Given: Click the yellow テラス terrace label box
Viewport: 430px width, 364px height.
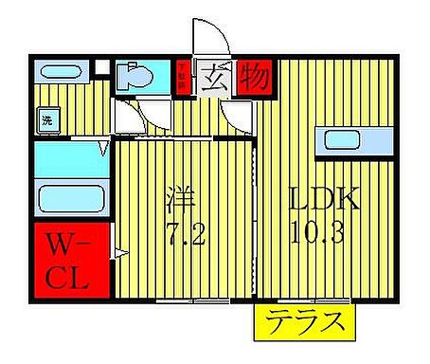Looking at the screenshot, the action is tap(302, 322).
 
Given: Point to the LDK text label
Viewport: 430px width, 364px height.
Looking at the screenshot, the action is tap(324, 201).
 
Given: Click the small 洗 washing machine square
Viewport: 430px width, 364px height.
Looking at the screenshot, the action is tap(45, 120).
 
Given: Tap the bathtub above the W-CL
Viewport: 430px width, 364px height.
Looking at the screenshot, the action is tap(71, 199).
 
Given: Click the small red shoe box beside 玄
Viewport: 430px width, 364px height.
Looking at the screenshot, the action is tap(183, 76).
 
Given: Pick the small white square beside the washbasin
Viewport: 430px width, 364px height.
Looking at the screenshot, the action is tap(102, 69).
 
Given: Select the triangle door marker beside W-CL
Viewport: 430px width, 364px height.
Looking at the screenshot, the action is tap(117, 252).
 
